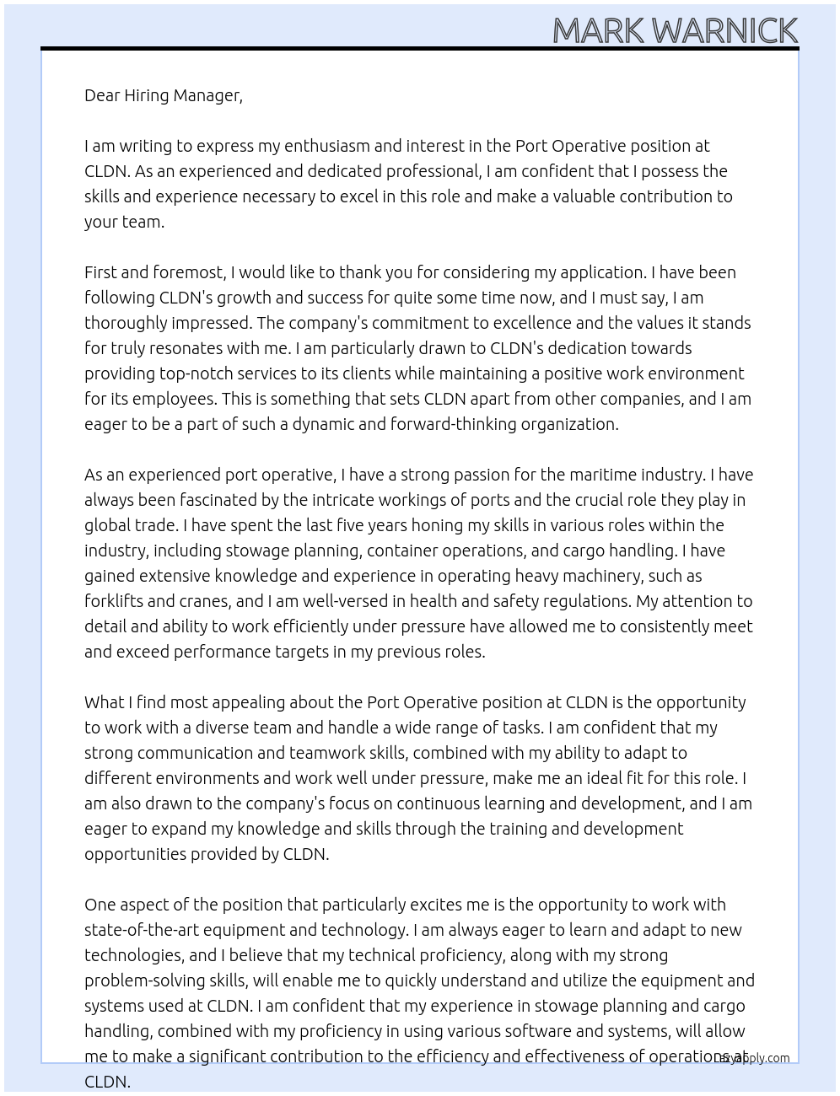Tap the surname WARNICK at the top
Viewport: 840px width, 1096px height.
[724, 30]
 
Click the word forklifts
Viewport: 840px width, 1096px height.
[115, 601]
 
